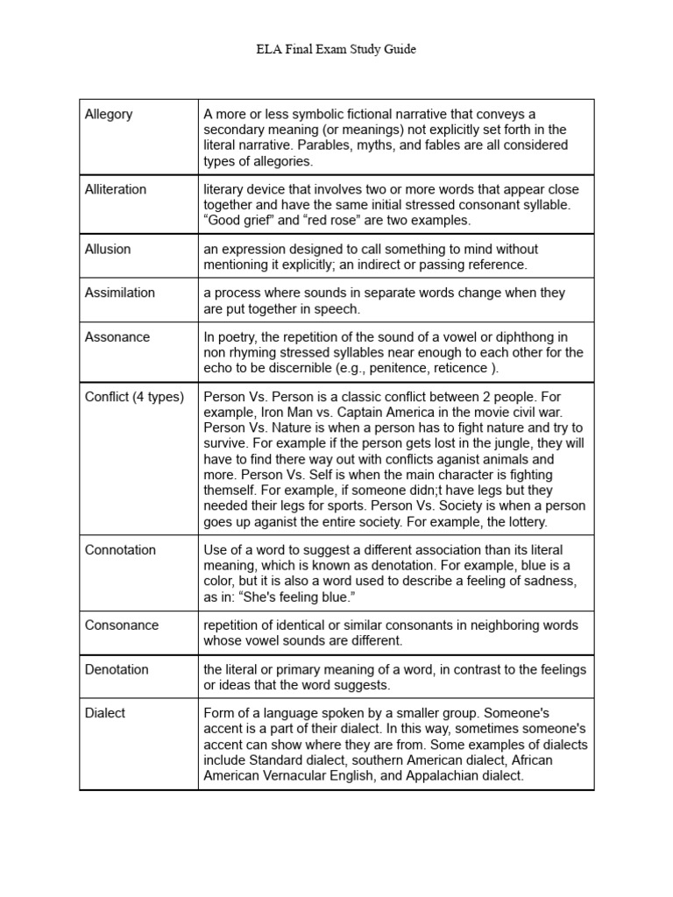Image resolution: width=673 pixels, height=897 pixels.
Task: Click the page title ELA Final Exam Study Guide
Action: coord(336,50)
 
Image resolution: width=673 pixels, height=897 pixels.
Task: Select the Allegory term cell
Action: coord(109,115)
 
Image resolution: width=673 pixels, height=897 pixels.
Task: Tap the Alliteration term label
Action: coord(116,189)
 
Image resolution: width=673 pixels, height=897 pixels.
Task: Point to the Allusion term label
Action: coord(108,249)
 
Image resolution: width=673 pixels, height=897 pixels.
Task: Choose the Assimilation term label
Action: coord(120,293)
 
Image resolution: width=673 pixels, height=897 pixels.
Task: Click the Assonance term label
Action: coord(117,336)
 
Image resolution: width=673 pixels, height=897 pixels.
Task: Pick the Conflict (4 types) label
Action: coord(134,397)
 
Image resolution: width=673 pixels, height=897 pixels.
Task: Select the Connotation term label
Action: coord(120,550)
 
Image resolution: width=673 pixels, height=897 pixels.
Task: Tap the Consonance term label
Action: coord(122,625)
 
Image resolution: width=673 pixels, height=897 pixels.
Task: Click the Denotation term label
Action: coord(117,669)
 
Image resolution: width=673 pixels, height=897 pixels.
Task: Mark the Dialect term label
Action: coord(105,713)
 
